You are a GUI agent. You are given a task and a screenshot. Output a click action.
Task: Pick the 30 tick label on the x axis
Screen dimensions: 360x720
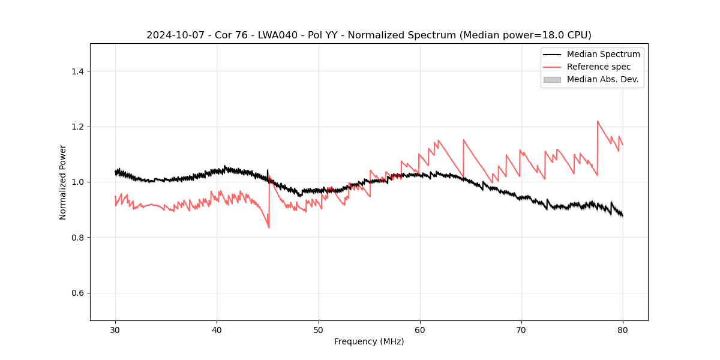(x=116, y=330)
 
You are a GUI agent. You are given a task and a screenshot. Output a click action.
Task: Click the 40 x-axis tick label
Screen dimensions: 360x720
(x=217, y=330)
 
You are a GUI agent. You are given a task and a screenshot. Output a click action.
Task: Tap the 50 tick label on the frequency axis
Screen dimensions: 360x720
(x=319, y=330)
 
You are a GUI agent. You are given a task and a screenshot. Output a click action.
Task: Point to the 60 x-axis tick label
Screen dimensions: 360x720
(x=420, y=330)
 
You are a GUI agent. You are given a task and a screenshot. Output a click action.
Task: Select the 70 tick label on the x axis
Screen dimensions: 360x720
(x=521, y=330)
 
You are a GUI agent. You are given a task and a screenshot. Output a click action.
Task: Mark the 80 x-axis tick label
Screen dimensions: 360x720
(x=623, y=330)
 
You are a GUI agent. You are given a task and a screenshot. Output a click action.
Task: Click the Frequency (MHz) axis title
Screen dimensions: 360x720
(x=369, y=341)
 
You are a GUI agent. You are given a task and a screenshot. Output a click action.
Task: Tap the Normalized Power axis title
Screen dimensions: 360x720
(x=63, y=182)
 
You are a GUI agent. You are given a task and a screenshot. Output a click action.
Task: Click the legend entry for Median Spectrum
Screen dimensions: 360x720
(x=603, y=54)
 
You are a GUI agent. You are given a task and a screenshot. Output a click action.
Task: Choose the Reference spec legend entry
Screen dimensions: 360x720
(x=598, y=67)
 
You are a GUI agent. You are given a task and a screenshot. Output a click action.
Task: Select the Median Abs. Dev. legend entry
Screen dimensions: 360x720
(x=602, y=79)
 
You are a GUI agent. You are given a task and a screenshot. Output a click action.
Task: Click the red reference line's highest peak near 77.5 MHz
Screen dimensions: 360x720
(x=598, y=121)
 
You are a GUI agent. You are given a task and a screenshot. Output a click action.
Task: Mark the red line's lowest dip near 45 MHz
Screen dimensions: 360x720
(x=269, y=228)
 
